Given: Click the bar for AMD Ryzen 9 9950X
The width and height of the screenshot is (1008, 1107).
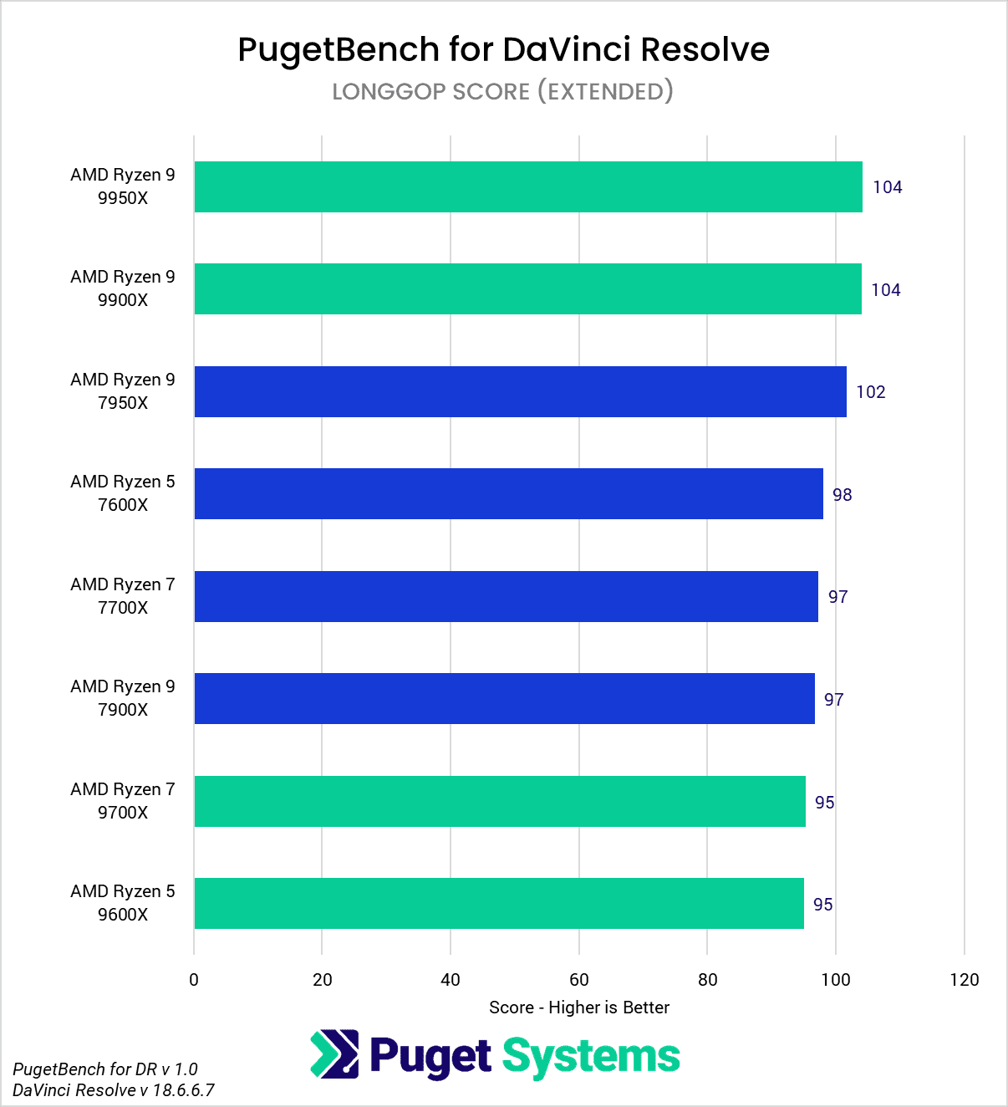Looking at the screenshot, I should point(528,186).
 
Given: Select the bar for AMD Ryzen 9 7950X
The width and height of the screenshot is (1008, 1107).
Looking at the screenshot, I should point(520,391).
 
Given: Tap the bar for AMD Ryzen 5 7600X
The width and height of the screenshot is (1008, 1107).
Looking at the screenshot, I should point(508,493).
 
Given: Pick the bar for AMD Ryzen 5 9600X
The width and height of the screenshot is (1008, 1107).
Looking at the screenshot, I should point(499,903).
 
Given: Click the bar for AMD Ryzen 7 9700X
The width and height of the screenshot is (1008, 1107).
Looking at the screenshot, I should point(500,801).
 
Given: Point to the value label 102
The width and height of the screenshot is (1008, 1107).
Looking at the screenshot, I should point(870,392).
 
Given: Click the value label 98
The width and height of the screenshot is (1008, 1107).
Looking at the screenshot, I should point(842,495).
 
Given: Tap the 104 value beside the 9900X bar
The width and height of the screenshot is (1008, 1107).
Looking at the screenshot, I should point(885,290).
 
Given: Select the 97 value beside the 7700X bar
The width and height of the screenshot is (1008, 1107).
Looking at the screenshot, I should point(837,597).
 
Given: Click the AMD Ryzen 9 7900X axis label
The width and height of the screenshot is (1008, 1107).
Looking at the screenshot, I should point(123,698).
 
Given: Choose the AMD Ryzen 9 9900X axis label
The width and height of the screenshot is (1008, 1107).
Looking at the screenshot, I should point(123,288).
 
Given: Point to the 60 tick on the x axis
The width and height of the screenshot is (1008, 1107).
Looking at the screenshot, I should point(579,980).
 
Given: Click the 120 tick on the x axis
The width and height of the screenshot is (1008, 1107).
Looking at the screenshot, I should point(964,980).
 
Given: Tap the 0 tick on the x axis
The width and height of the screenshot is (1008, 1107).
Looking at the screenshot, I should point(194,980).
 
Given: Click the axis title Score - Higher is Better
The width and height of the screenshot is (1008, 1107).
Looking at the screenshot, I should point(579,1008).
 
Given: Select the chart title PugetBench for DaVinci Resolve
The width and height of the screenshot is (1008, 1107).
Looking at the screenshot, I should point(503,49).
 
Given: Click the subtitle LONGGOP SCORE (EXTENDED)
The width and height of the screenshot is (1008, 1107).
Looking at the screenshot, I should point(502,91).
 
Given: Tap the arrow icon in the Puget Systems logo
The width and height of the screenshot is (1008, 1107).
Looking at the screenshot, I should point(334,1054).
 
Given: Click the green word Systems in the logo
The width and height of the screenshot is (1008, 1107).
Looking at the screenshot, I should point(590,1057).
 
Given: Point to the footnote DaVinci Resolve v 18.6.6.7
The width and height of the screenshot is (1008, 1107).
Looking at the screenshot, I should point(114,1090).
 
